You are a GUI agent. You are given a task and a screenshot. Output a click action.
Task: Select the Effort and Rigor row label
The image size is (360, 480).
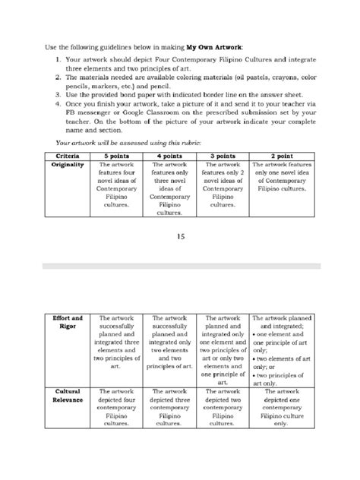click(67, 324)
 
